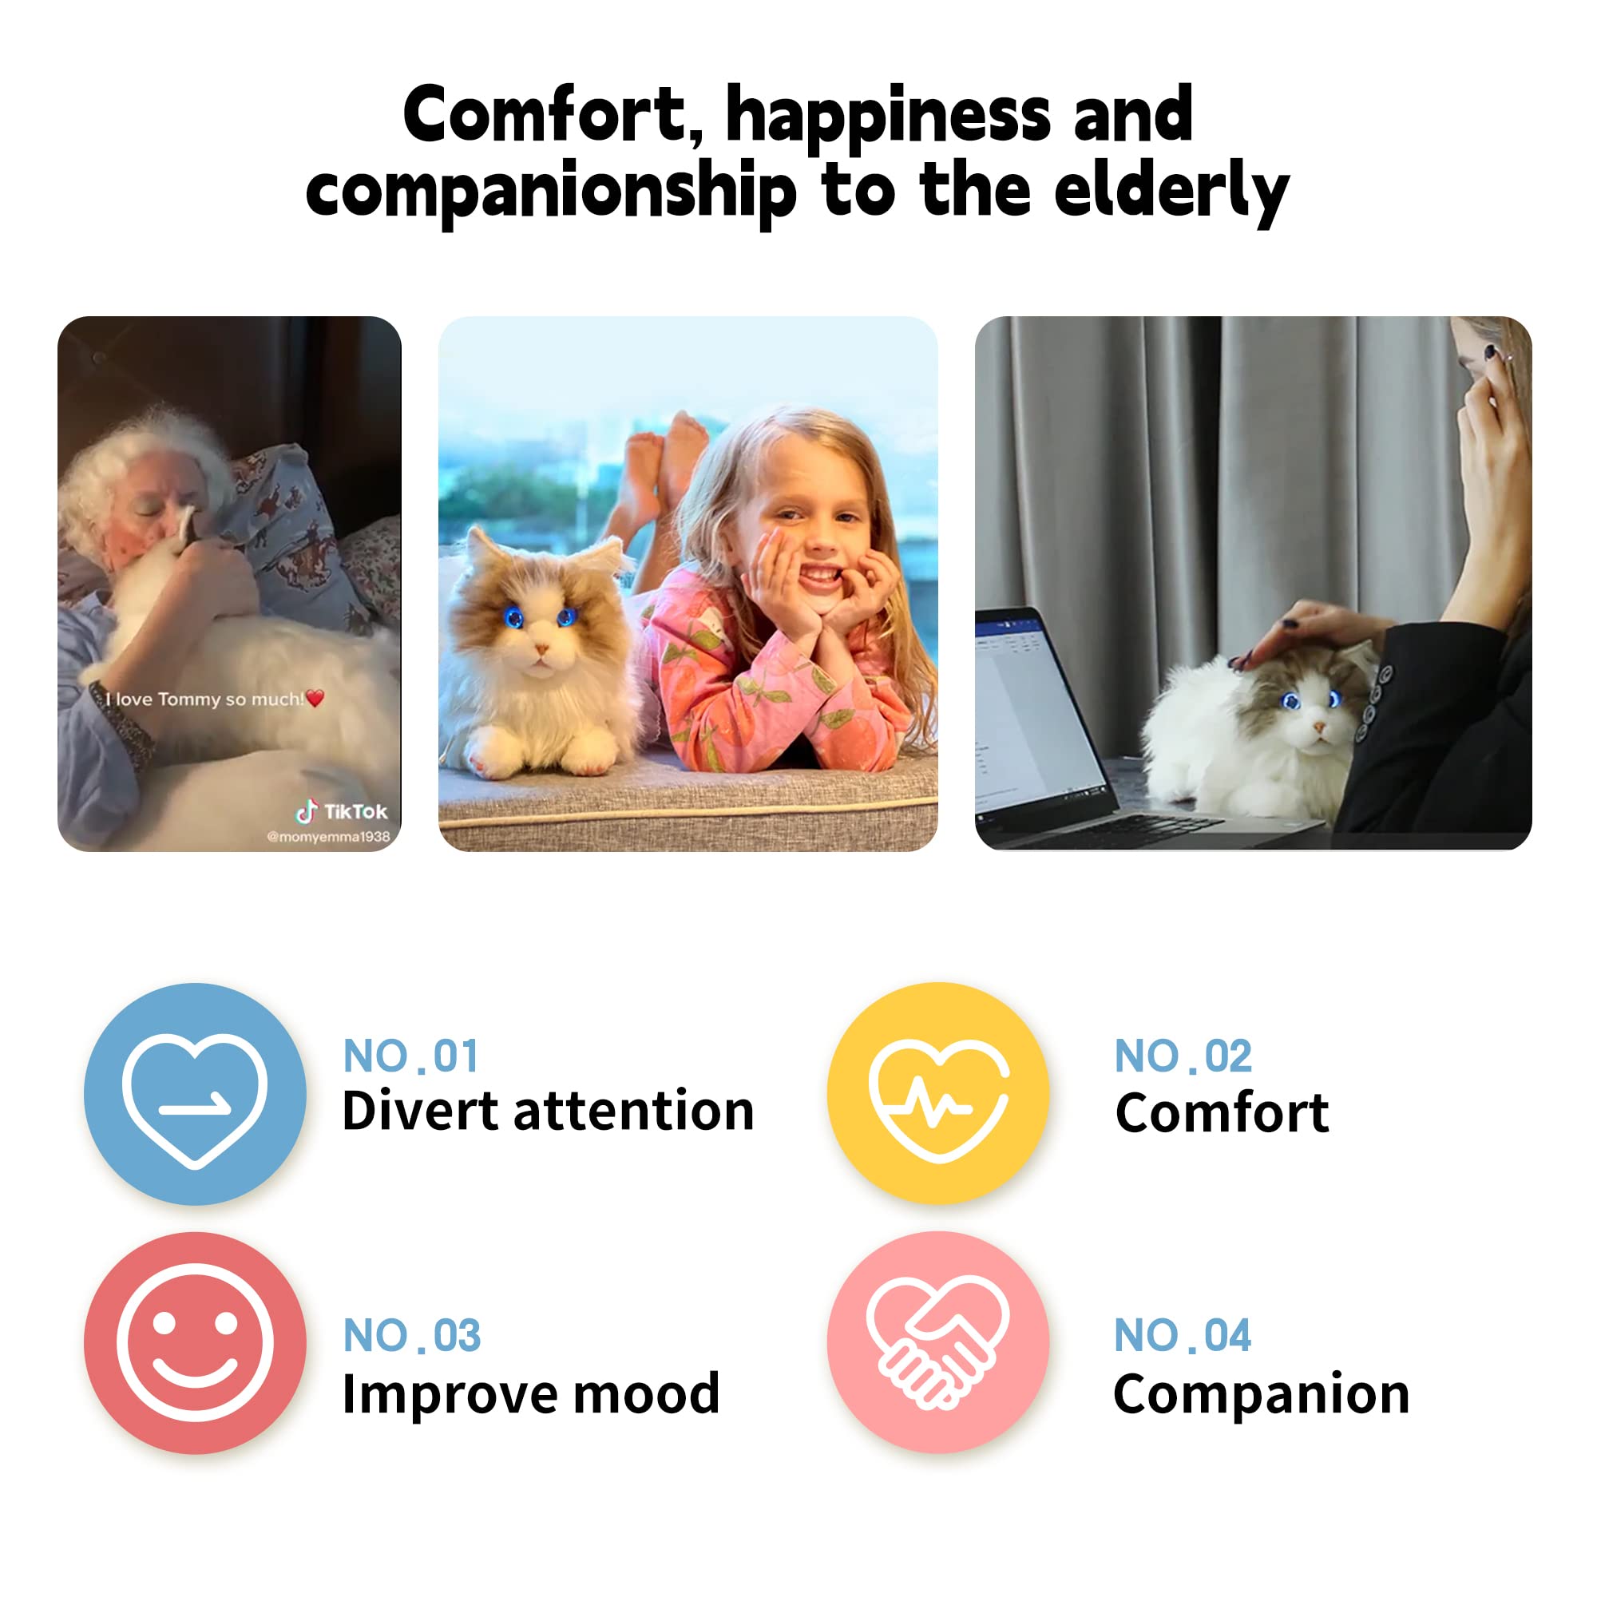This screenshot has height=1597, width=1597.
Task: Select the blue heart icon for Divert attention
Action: (x=195, y=1095)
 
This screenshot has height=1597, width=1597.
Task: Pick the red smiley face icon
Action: (x=195, y=1343)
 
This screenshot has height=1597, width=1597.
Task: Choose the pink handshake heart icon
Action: (x=938, y=1342)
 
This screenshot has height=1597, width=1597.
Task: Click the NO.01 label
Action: (x=410, y=1056)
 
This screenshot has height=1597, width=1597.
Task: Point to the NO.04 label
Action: (x=1182, y=1336)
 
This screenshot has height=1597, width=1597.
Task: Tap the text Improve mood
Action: (x=531, y=1394)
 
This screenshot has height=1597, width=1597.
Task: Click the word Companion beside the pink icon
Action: (x=1262, y=1394)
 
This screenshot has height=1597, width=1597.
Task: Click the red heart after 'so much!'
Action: (x=315, y=699)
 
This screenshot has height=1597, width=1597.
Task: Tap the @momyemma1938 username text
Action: (x=328, y=837)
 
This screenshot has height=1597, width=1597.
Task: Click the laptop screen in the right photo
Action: (x=1037, y=711)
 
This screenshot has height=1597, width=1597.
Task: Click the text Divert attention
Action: (x=548, y=1111)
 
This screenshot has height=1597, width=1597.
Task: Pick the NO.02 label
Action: (x=1183, y=1056)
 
